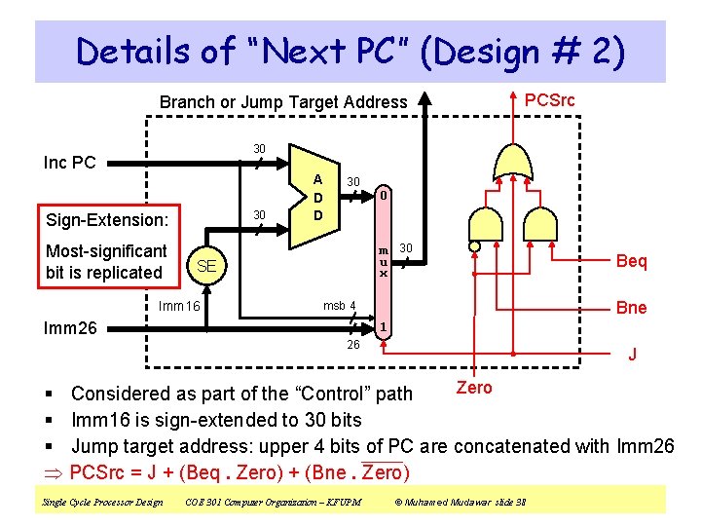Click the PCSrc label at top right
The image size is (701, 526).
[550, 99]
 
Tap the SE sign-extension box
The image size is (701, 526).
[205, 266]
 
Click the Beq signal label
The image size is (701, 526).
[631, 261]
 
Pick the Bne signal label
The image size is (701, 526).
[631, 308]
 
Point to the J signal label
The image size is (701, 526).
[632, 355]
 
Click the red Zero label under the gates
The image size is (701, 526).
[474, 388]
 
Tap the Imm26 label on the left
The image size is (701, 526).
[71, 328]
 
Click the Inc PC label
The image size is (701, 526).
[70, 162]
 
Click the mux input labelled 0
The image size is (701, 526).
[385, 196]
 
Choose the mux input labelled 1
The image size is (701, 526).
[385, 327]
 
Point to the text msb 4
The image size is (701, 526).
[340, 306]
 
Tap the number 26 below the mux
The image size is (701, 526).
[354, 345]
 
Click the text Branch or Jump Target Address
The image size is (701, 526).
[283, 101]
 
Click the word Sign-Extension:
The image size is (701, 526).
[107, 219]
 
